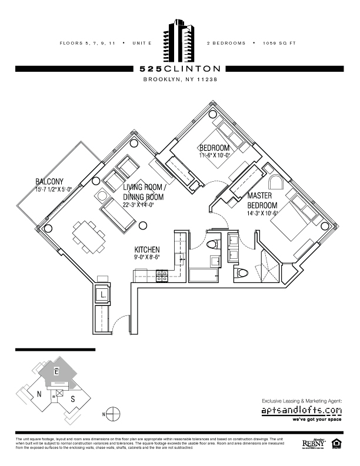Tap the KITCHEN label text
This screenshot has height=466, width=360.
[148, 249]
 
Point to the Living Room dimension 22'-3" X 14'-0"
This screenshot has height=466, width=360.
[144, 205]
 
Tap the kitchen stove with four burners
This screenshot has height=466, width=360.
[163, 274]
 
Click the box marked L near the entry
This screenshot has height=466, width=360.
[102, 294]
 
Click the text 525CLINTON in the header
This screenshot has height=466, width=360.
[180, 68]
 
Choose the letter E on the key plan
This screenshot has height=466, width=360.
[56, 371]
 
